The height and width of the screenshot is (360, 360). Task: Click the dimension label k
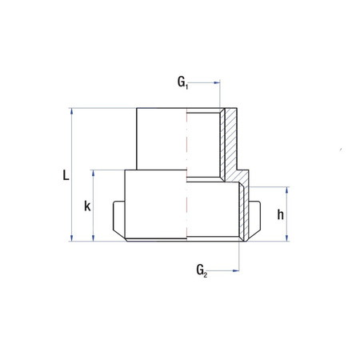87,206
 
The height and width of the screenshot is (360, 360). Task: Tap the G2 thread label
201,272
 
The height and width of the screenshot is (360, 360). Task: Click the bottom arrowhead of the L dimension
73,238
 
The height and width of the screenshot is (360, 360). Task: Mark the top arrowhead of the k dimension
94,173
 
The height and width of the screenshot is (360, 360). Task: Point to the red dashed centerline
188,176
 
